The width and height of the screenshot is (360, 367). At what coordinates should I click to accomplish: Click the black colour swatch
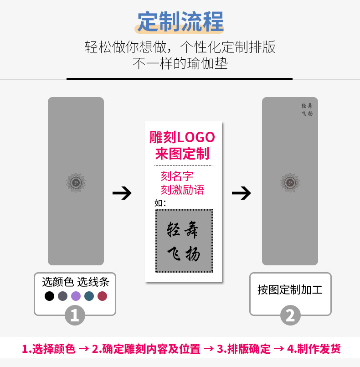49,296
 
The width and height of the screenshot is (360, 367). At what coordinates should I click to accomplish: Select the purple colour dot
76,296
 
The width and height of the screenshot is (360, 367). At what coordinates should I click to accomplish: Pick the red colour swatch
102,296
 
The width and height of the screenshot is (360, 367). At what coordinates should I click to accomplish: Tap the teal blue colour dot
89,296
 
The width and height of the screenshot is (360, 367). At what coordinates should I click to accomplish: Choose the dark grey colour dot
63,296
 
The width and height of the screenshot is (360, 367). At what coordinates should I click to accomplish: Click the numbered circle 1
75,315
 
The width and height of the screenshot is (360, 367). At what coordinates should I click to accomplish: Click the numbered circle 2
290,315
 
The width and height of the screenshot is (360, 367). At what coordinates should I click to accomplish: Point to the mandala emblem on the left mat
76,183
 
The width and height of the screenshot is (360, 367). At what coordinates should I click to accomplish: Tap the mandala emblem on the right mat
290,183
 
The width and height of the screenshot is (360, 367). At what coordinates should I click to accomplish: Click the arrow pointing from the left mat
122,193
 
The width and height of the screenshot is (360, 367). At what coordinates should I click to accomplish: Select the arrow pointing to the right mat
241,193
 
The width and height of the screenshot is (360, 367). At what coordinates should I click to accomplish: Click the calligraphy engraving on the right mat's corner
307,109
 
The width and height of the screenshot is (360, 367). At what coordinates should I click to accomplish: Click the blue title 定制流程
180,21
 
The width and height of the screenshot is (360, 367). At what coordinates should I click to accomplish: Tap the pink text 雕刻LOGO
182,137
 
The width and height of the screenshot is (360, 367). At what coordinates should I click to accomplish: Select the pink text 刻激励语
182,190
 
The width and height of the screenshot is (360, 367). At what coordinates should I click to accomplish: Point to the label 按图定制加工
290,290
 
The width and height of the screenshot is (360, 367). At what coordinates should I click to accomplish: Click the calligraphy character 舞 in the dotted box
191,230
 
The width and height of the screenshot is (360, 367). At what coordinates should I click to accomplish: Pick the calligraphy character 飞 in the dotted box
174,253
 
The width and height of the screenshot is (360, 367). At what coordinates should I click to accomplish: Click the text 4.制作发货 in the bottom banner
314,349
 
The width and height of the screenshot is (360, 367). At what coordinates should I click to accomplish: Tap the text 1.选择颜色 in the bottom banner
49,349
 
